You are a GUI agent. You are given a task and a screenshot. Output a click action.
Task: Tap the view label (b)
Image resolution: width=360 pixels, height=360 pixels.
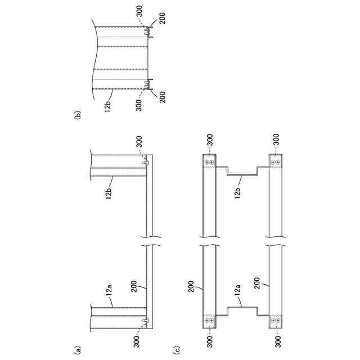(x=78, y=115)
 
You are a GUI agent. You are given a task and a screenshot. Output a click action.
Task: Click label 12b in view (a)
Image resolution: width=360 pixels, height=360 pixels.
(x=109, y=192)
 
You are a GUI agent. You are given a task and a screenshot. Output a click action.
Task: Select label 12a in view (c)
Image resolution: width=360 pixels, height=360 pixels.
(x=237, y=290)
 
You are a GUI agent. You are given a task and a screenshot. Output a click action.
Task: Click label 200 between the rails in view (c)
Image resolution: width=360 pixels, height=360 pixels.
(x=257, y=283)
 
